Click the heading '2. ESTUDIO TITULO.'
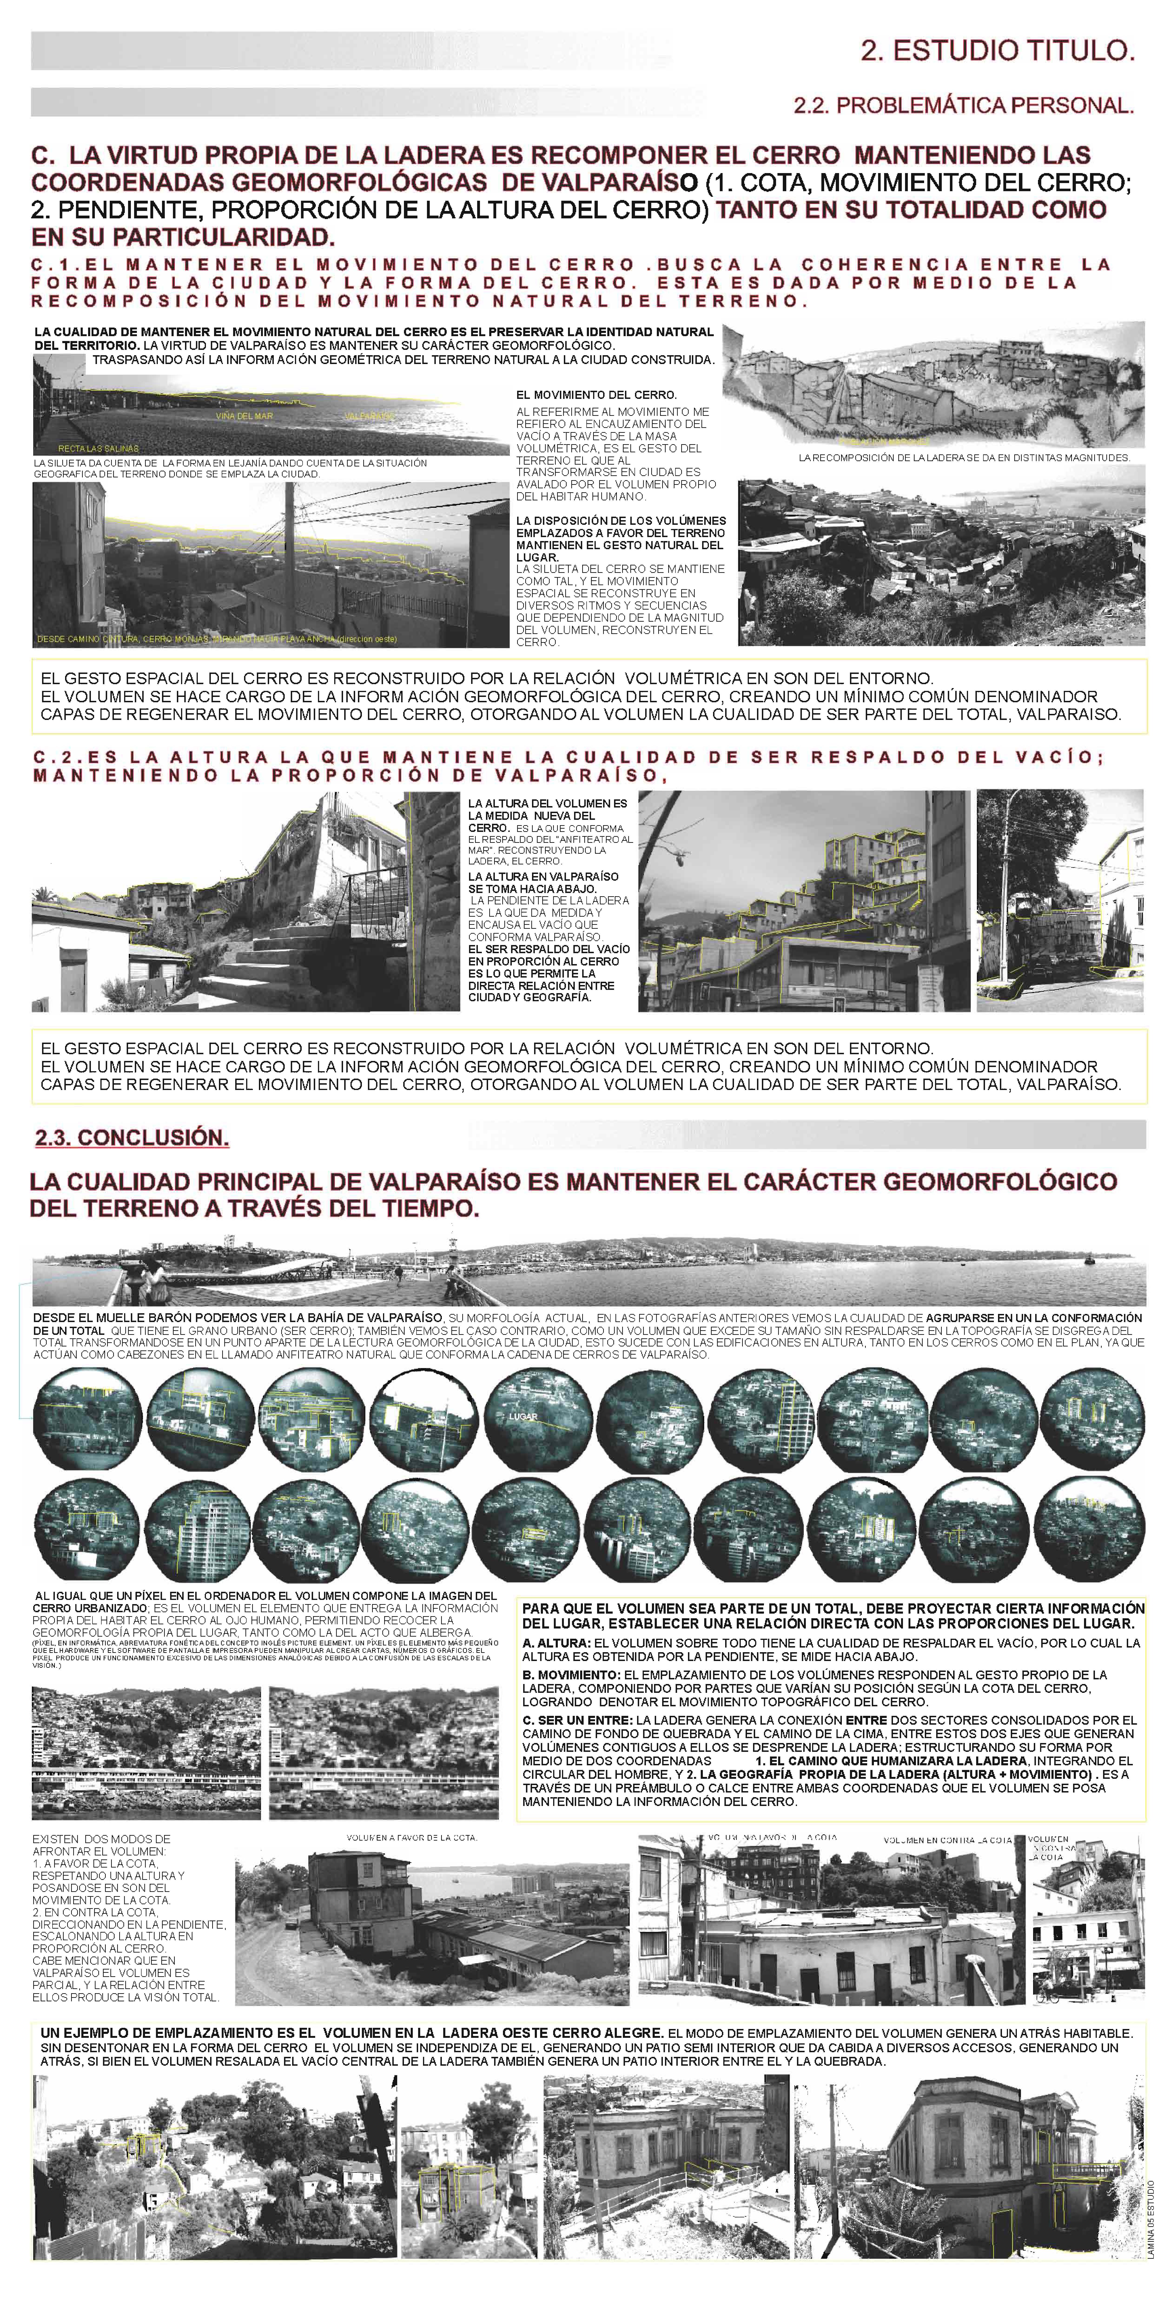click(x=997, y=51)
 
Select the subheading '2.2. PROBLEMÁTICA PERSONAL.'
click(x=963, y=105)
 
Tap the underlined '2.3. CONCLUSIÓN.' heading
click(x=132, y=1137)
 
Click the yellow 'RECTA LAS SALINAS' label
click(x=98, y=448)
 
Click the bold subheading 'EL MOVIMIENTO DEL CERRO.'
click(x=595, y=394)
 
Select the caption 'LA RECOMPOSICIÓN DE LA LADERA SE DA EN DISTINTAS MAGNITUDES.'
click(x=964, y=458)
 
